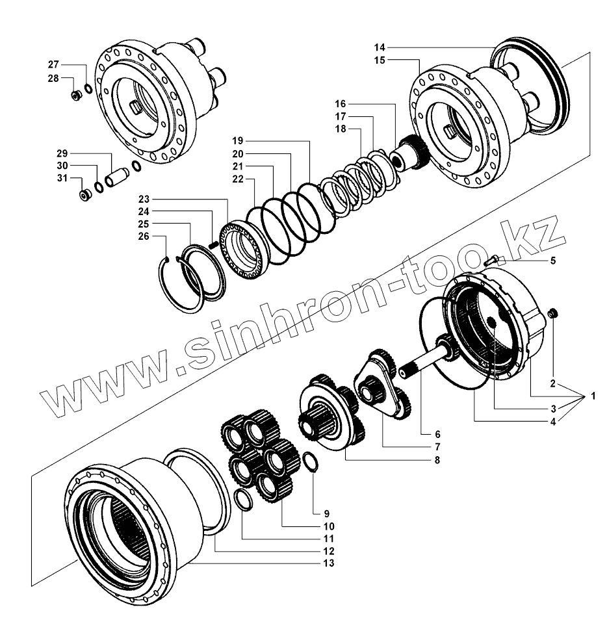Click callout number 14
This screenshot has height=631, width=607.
[x=380, y=47]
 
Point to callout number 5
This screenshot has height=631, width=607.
[x=553, y=261]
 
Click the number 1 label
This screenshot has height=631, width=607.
[x=593, y=396]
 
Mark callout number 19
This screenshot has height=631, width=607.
[x=237, y=140]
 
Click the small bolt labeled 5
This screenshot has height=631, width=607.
[x=492, y=260]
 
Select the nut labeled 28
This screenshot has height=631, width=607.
[x=75, y=96]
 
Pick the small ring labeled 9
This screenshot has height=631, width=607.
[x=311, y=463]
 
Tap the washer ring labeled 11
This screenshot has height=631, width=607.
[x=242, y=499]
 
